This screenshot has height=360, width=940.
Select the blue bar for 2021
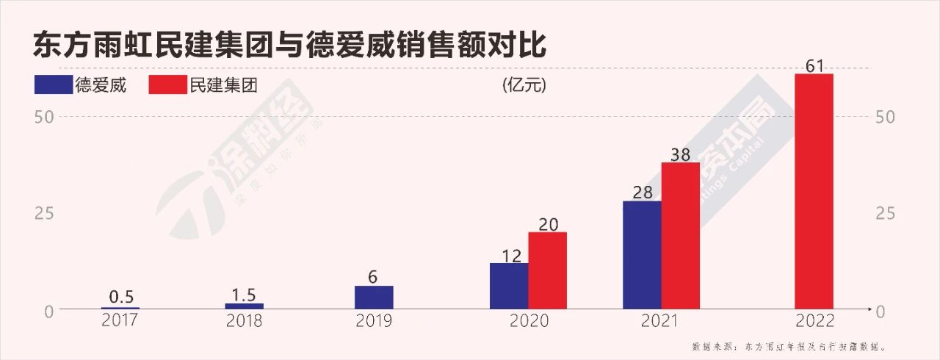coord(642,255)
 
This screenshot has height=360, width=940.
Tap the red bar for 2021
coord(680,235)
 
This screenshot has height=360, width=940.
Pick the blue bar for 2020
coord(509,286)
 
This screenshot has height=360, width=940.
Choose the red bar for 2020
coord(547,270)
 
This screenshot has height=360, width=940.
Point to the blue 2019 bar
coord(374,297)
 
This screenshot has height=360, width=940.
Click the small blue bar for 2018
coord(244,306)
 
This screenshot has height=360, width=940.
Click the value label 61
coord(814,65)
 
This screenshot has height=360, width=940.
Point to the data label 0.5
coord(120,297)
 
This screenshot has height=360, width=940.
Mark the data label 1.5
coord(244,294)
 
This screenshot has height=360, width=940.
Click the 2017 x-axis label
coord(120,321)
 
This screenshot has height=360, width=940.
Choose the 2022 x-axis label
coord(814,321)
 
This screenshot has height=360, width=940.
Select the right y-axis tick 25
coord(886,213)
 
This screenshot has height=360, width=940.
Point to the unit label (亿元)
coord(524,85)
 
